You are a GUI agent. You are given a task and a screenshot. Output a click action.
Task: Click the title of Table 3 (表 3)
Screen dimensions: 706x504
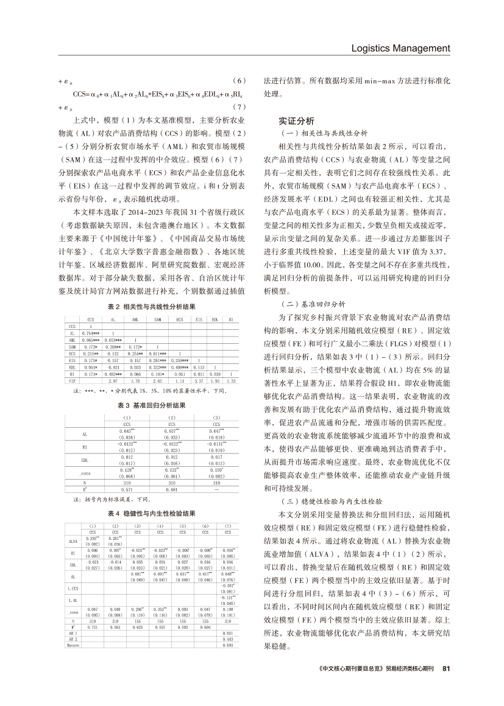tap(152, 404)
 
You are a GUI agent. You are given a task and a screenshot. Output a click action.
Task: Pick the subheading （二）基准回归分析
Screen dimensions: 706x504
tap(311, 302)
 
